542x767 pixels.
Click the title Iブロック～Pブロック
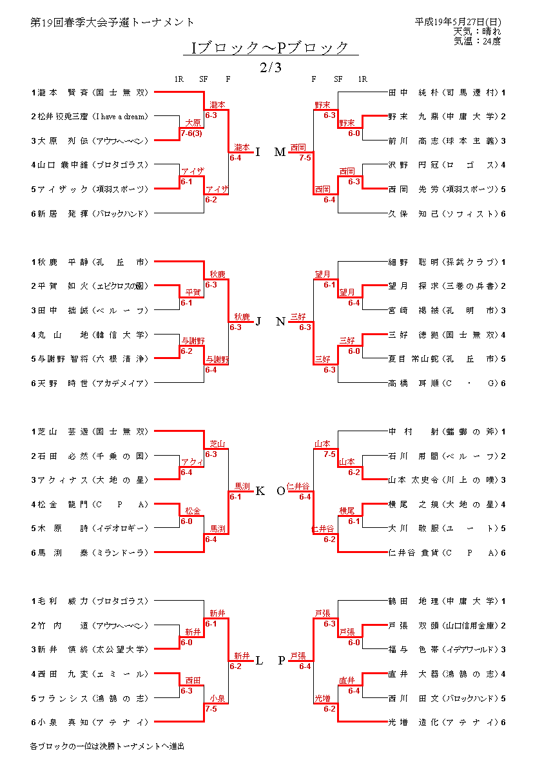tap(271, 48)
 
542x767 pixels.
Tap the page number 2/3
tap(271, 67)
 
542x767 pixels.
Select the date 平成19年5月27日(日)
tap(458, 22)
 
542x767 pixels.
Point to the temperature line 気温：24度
tap(477, 41)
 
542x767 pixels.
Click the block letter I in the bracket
tap(258, 152)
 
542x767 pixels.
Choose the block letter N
tap(280, 322)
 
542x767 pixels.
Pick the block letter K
tap(260, 491)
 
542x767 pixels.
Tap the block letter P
tap(282, 661)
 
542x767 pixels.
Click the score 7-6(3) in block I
tap(192, 133)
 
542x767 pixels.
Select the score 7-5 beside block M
tap(305, 157)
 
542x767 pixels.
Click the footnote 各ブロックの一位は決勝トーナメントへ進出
tap(107, 746)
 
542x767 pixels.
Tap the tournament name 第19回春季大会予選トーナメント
tap(113, 22)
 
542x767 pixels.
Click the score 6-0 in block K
tap(186, 521)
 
